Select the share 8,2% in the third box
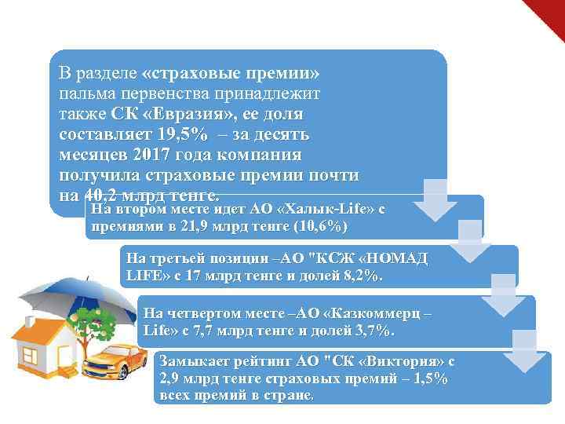coord(360,276)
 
